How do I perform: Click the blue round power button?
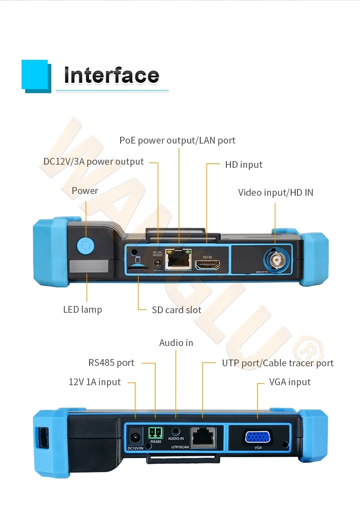[85, 246]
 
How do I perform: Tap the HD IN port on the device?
[207, 265]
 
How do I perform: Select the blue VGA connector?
[257, 437]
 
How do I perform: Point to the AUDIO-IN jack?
[175, 431]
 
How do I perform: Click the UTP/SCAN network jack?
[203, 436]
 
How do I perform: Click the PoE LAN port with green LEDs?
[178, 260]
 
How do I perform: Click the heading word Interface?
[111, 75]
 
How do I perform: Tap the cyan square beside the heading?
[35, 74]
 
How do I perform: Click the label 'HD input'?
[243, 165]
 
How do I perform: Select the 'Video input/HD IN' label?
[275, 193]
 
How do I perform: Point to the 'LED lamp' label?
[82, 310]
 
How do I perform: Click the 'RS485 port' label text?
[111, 363]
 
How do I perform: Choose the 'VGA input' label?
[289, 382]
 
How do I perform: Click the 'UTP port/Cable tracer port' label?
[278, 363]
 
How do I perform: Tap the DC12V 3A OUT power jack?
[157, 265]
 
